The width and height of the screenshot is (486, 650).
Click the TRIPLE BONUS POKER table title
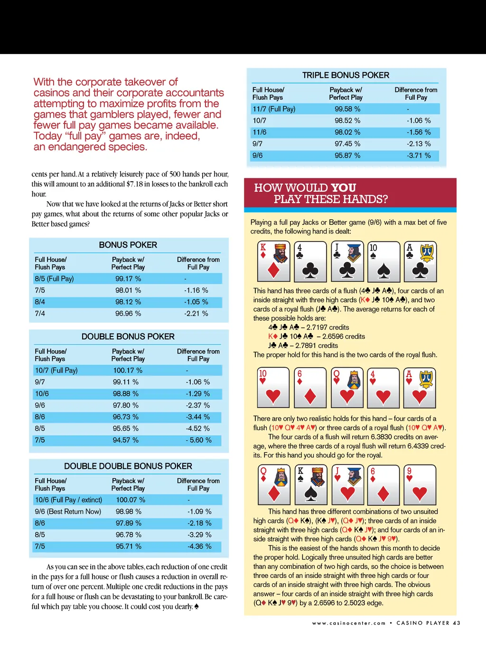[346, 75]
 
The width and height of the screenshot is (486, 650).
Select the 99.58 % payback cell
[347, 109]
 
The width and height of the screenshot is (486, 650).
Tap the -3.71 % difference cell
[419, 156]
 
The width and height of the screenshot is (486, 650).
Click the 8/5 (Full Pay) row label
[54, 279]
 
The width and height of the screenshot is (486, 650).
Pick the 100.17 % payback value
[128, 371]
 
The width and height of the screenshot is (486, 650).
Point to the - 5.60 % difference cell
[198, 440]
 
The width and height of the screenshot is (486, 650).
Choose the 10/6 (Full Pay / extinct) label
[68, 500]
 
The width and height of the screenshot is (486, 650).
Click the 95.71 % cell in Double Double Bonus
[129, 547]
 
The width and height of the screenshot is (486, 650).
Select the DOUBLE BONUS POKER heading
[128, 337]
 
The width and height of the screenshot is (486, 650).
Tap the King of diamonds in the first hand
[273, 261]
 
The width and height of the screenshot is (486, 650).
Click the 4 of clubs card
[310, 261]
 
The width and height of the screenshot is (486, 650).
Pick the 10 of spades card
[383, 261]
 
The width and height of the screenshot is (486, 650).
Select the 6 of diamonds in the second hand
[310, 388]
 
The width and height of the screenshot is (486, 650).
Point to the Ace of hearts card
[420, 388]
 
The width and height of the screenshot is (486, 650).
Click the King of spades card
[310, 484]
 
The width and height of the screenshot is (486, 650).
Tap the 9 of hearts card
[420, 484]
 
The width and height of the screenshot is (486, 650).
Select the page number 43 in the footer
[457, 623]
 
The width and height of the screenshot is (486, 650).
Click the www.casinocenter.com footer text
[349, 623]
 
